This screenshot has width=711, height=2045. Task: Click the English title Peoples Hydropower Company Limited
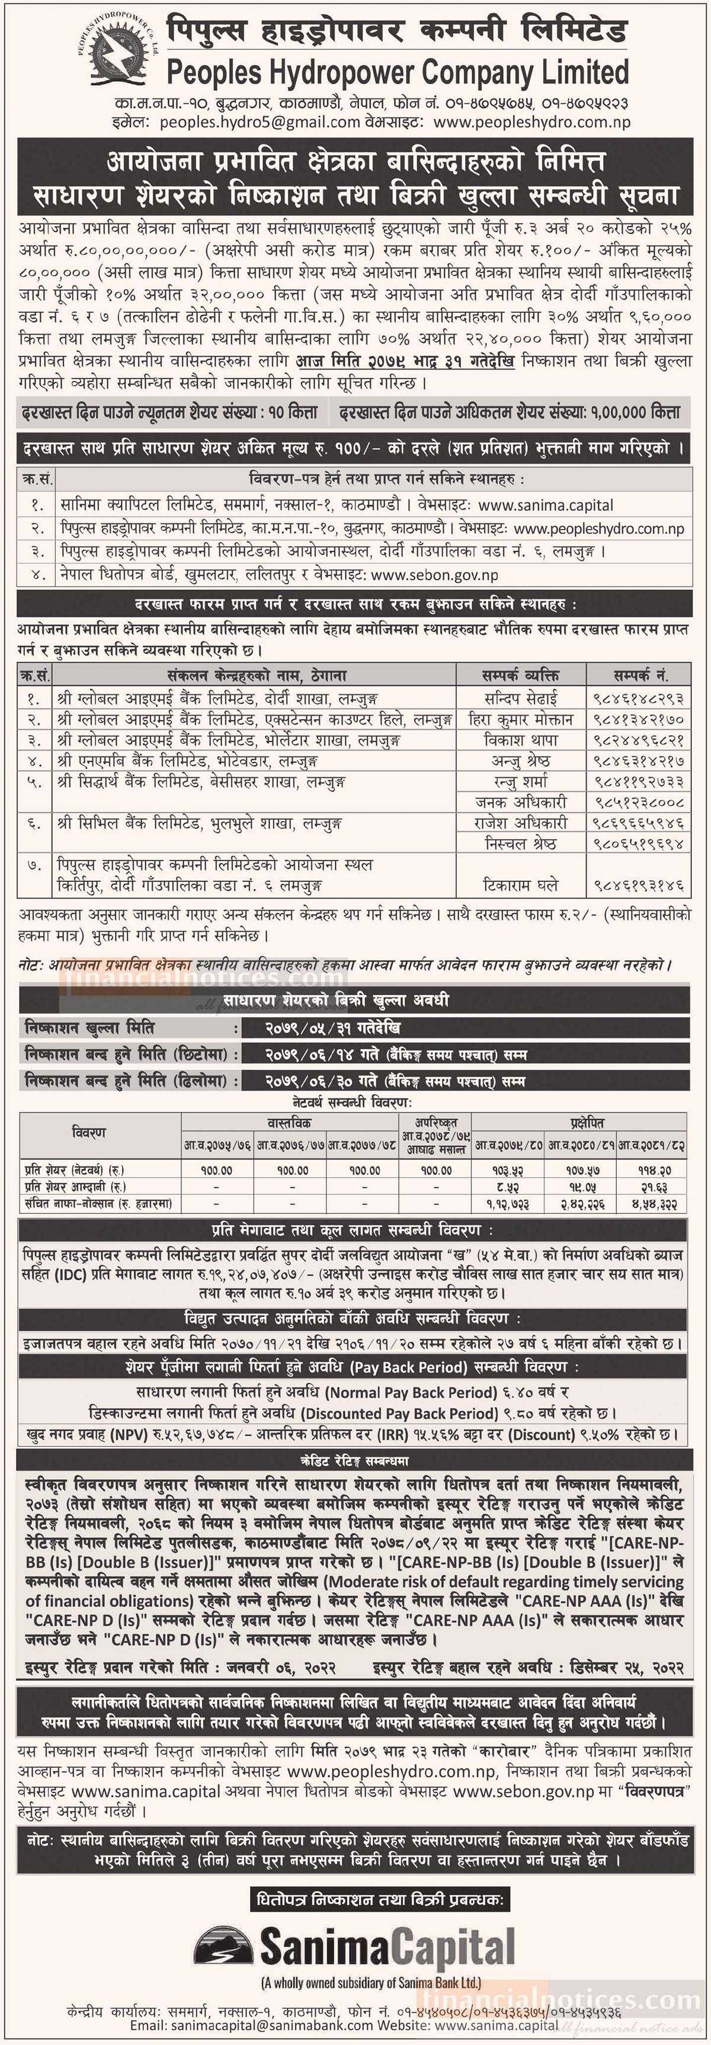(397, 72)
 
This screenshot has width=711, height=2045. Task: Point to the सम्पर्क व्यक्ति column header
(520, 675)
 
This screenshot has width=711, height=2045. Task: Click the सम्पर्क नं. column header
(639, 675)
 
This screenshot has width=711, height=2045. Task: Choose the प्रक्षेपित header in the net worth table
(586, 1123)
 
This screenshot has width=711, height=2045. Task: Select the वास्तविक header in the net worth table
(290, 1123)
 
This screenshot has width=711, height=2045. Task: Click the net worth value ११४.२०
(654, 1170)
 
